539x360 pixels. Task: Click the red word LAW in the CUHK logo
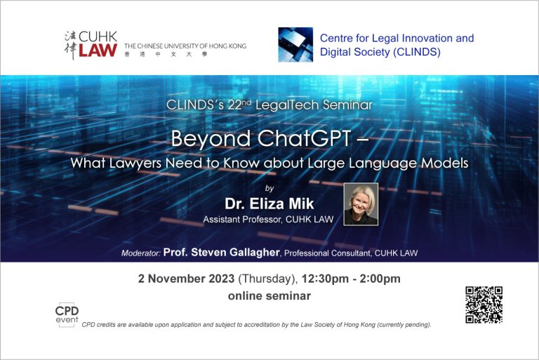click(98, 51)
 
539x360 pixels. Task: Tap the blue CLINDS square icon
click(295, 45)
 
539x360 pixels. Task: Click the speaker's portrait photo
click(361, 204)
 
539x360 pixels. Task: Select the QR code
click(484, 305)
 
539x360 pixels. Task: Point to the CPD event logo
click(67, 314)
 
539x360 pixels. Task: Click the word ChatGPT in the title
click(304, 138)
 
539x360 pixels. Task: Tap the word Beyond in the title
click(211, 139)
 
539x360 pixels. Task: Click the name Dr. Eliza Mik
click(269, 204)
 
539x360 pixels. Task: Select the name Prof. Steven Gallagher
click(221, 253)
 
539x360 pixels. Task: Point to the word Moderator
click(141, 253)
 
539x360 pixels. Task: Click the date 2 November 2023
click(186, 279)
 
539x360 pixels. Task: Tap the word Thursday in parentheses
click(267, 279)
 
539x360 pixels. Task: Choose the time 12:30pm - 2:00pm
click(351, 279)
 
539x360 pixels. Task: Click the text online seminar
click(269, 295)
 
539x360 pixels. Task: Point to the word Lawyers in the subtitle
click(135, 163)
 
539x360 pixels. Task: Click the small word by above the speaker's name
click(269, 188)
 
